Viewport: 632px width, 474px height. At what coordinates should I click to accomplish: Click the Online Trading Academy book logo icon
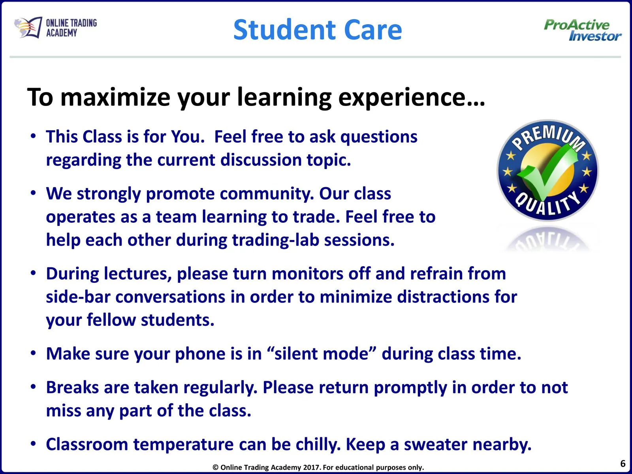(x=28, y=27)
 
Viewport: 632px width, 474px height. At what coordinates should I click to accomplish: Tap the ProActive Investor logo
(x=583, y=30)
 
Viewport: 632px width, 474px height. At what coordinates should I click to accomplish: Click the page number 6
(x=623, y=463)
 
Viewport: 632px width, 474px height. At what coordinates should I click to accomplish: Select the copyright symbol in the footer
(x=215, y=467)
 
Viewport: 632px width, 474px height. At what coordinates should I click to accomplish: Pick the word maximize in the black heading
(x=115, y=98)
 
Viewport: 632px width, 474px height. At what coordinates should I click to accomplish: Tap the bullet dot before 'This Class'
(x=34, y=136)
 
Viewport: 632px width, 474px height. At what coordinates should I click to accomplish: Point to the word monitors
(x=307, y=274)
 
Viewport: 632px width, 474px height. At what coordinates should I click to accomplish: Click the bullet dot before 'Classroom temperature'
(x=34, y=444)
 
